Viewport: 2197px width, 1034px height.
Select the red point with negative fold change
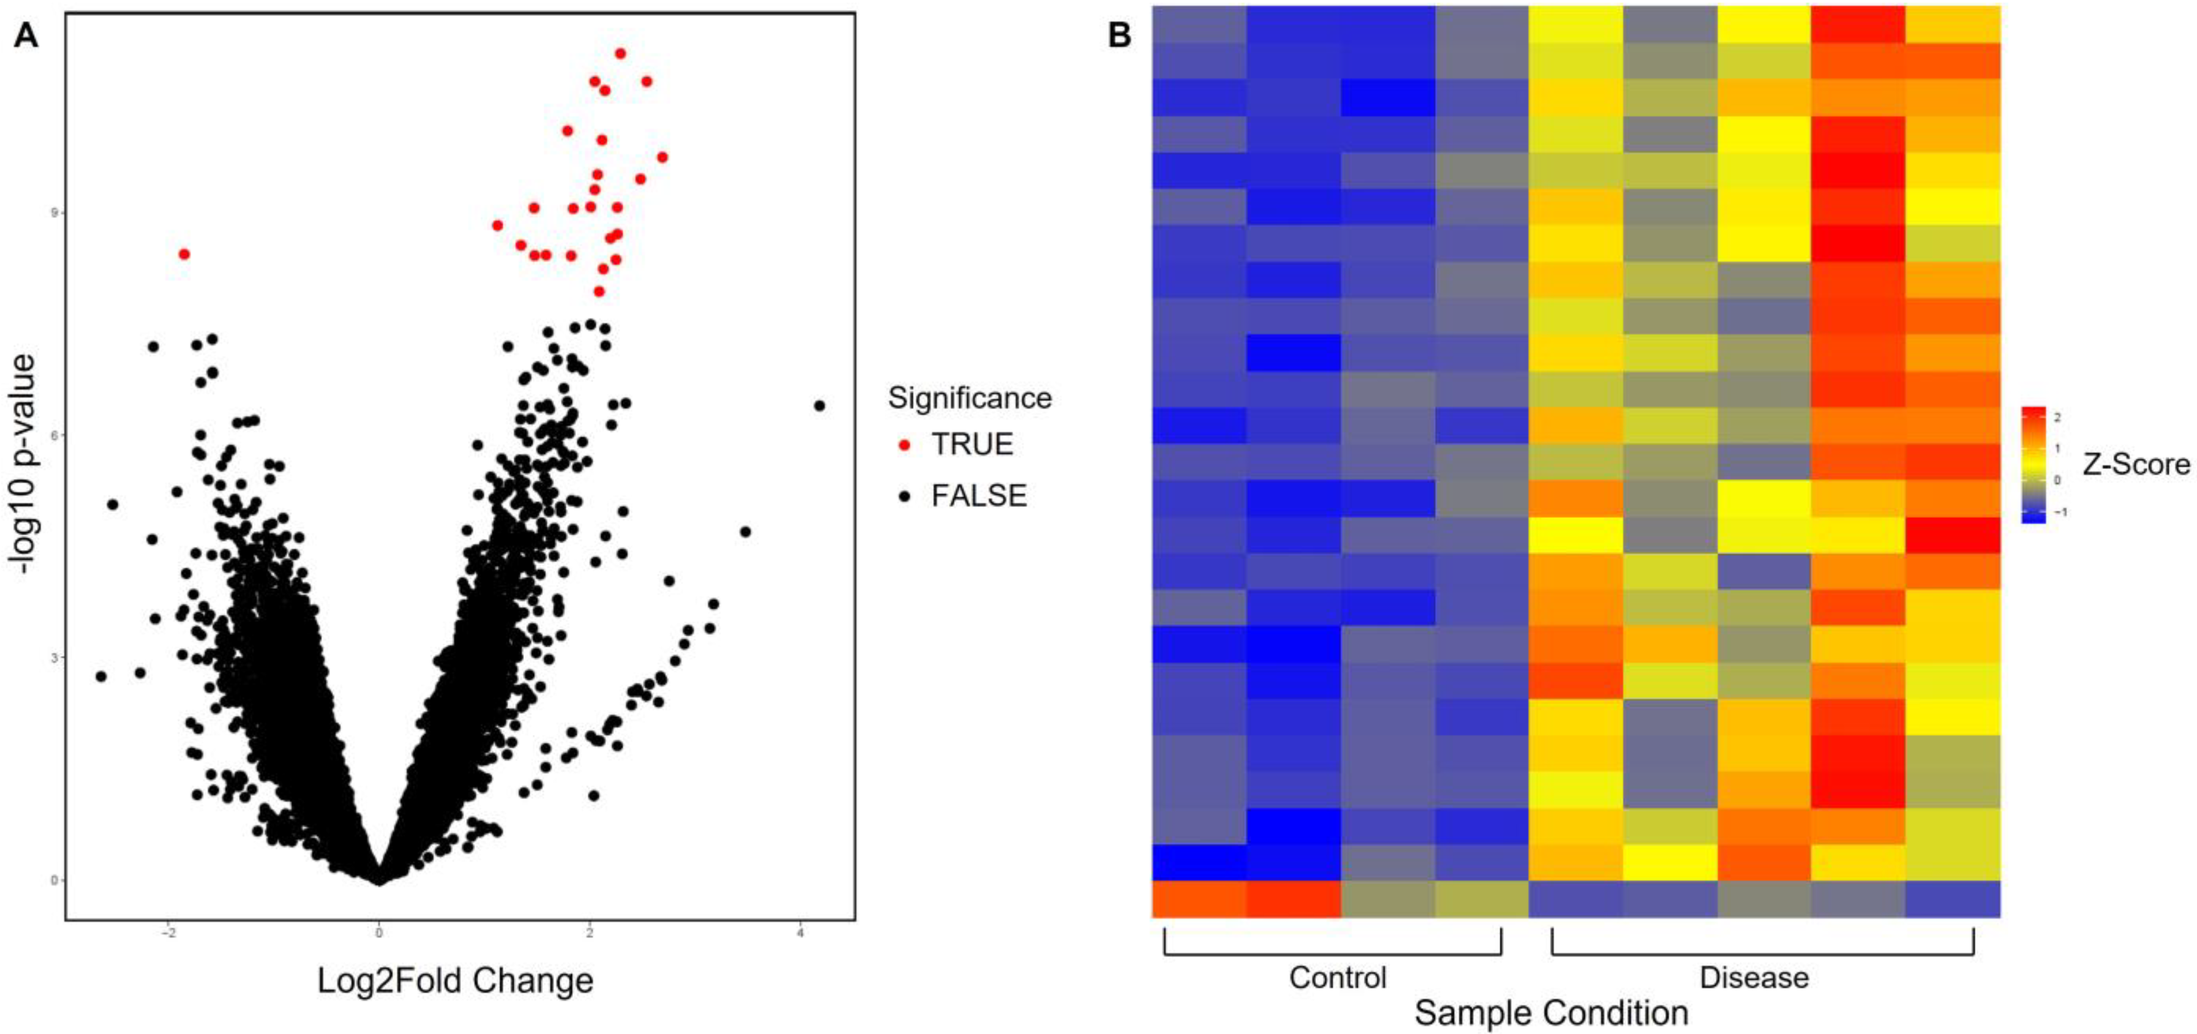183,254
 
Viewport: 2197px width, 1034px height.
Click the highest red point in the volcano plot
620,54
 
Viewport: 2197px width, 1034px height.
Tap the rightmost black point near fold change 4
819,406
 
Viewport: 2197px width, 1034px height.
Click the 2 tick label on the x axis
589,934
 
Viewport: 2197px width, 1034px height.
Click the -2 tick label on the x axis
168,934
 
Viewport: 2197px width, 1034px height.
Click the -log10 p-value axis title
23,465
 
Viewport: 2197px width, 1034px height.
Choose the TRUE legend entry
971,444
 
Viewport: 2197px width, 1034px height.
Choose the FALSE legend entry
978,495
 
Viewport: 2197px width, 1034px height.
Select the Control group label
1337,978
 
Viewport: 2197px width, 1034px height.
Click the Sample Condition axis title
1551,1013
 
